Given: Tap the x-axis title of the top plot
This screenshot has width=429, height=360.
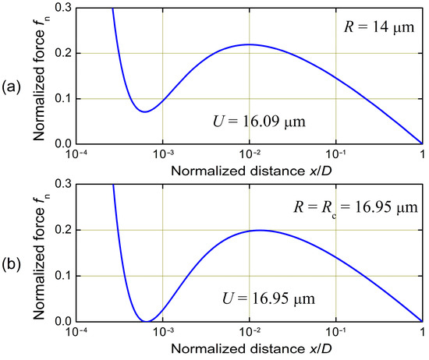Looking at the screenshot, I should [249, 169].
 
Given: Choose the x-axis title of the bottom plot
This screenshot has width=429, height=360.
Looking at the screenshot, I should [249, 345].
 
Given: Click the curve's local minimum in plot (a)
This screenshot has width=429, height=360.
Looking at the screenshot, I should [144, 111].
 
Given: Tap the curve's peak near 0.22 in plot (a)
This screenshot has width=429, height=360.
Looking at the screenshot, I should [249, 44].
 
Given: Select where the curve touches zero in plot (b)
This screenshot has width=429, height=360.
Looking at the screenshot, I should [145, 321].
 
